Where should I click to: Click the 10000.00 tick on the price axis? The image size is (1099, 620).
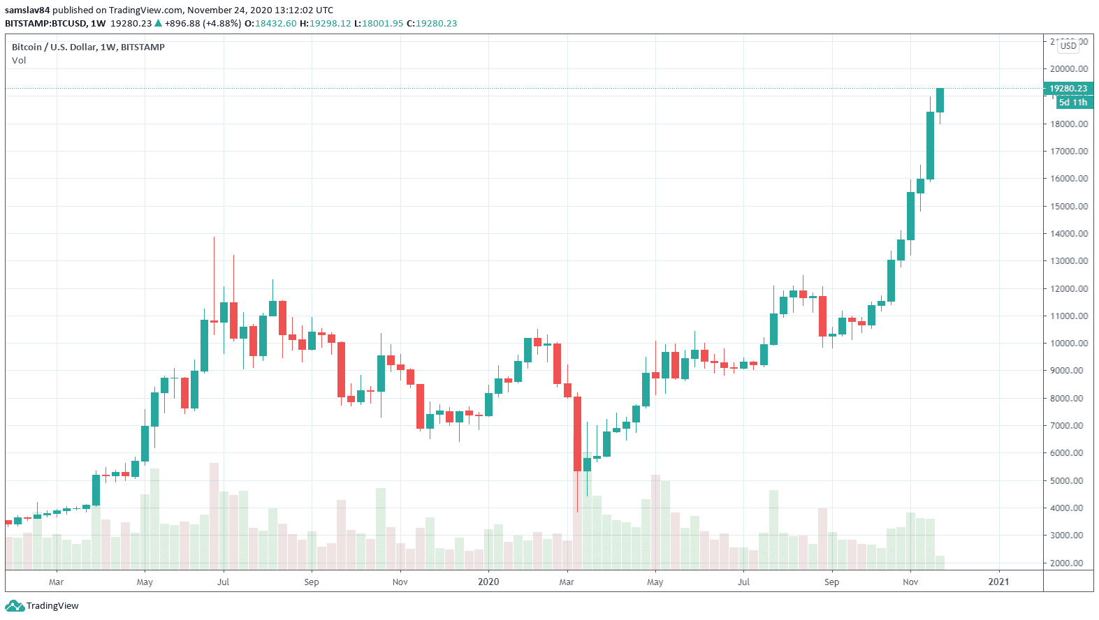[x=1068, y=344]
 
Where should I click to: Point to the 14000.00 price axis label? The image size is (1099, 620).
[x=1068, y=234]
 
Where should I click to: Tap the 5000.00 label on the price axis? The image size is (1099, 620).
[x=1068, y=481]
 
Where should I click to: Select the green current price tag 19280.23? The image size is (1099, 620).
[x=1068, y=89]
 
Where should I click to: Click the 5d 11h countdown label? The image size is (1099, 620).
[x=1072, y=103]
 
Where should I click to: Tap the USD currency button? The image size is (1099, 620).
[x=1068, y=46]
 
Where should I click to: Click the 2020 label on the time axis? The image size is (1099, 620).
[x=488, y=582]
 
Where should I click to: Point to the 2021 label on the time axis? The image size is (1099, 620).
[x=998, y=582]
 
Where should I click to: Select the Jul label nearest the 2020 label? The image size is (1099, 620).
[x=743, y=582]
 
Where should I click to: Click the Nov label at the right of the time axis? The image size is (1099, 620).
[x=910, y=582]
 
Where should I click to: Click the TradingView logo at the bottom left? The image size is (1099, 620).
[x=43, y=606]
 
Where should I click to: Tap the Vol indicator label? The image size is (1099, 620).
[x=19, y=61]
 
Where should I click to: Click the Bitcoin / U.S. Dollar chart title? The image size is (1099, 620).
[x=88, y=47]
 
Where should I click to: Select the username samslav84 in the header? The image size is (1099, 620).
[x=27, y=10]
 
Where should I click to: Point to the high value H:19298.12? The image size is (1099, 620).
[x=325, y=24]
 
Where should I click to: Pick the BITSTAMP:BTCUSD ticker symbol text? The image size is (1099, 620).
[x=45, y=24]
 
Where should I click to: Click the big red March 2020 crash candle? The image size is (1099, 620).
[x=578, y=433]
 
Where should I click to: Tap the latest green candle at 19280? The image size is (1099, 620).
[x=940, y=100]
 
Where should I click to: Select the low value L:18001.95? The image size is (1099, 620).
[x=379, y=24]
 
